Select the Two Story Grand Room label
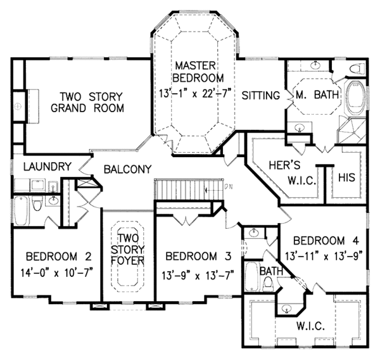click(x=91, y=102)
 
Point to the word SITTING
click(x=261, y=96)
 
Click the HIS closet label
click(x=347, y=177)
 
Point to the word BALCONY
click(x=127, y=169)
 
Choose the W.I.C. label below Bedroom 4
click(x=310, y=327)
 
